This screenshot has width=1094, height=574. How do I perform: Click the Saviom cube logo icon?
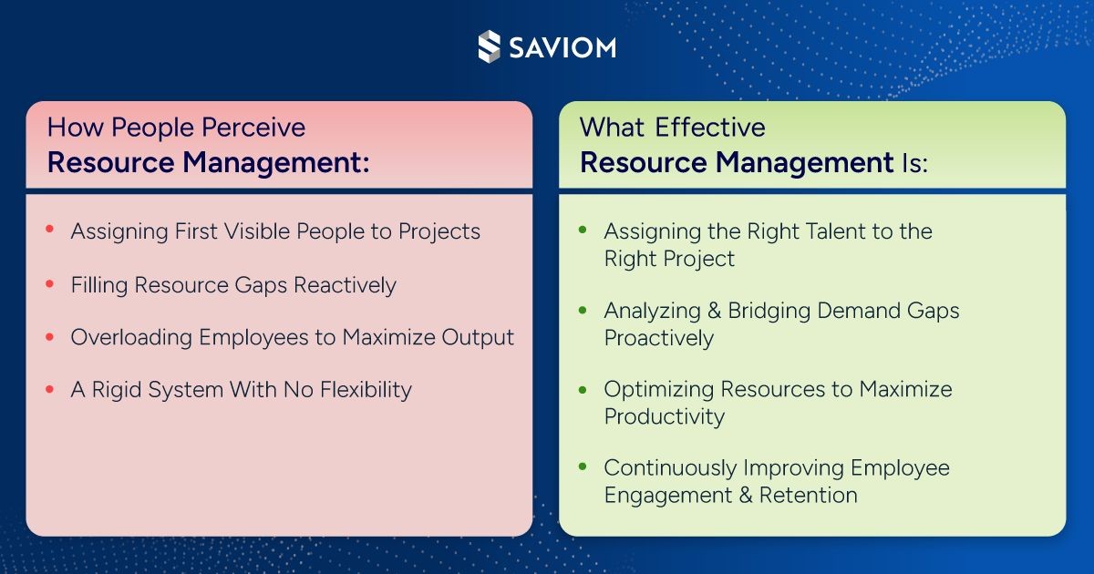[x=489, y=46]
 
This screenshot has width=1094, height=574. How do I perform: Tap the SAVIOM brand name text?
[x=562, y=47]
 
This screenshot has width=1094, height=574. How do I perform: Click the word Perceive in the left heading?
[x=253, y=128]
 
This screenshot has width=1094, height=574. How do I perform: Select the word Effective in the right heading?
[x=709, y=128]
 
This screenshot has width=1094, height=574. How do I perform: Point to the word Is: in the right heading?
[x=914, y=162]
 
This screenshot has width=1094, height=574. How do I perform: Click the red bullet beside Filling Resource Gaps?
[x=49, y=283]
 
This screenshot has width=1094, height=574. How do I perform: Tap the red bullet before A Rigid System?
[x=49, y=389]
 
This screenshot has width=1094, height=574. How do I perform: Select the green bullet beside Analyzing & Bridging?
[x=583, y=310]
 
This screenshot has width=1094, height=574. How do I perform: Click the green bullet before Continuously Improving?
[x=583, y=466]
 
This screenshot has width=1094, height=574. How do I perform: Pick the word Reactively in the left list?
[x=345, y=285]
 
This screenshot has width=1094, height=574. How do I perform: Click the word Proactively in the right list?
[x=659, y=338]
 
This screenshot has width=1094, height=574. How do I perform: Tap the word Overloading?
[x=131, y=338]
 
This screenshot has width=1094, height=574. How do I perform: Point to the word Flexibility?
[x=366, y=391]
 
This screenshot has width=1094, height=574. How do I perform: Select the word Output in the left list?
[x=478, y=338]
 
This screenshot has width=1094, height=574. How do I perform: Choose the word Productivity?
[x=665, y=417]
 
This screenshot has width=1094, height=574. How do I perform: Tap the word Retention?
[x=809, y=496]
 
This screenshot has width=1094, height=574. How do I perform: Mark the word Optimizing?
[x=658, y=390]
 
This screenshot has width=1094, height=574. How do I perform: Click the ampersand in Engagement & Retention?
[x=746, y=496]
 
